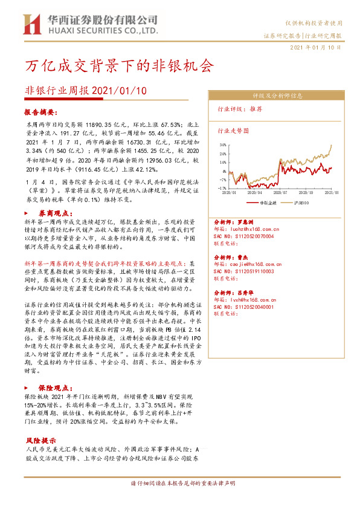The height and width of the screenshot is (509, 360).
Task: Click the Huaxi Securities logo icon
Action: [31, 24]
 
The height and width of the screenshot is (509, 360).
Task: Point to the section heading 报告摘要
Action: [41, 112]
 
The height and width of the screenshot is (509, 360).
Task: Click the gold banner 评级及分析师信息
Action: [277, 96]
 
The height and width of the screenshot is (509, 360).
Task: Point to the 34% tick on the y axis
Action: [223, 145]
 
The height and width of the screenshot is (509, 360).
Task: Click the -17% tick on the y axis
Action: [223, 188]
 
